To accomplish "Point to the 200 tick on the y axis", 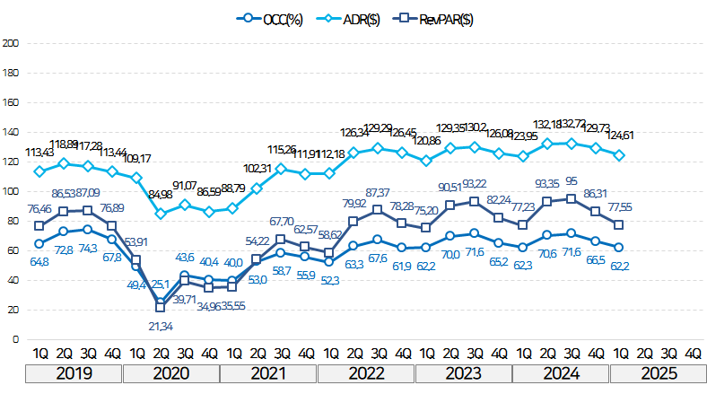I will coord(12,42).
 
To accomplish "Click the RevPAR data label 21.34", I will coord(161,324).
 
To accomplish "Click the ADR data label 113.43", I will coord(39,152).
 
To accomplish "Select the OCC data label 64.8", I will coord(39,261).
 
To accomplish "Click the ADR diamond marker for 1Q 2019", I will coord(39,171).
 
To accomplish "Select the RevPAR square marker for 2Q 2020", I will coord(161,308).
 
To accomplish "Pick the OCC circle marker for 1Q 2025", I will coord(620,247).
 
